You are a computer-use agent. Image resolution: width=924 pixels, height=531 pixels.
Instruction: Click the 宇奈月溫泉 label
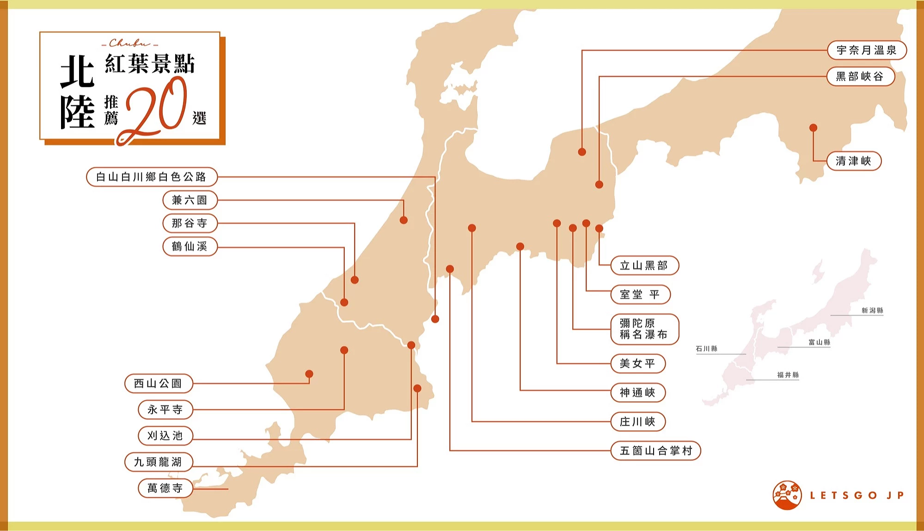click(867, 50)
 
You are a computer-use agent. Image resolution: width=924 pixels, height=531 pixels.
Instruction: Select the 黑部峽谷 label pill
click(860, 76)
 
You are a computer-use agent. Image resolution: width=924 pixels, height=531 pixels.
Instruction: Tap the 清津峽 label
click(854, 161)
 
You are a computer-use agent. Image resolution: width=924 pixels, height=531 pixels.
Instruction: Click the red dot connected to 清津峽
click(813, 128)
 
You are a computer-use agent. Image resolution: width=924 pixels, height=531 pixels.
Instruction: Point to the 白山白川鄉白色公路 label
click(152, 177)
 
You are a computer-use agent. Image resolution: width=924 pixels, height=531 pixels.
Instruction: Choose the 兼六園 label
click(190, 200)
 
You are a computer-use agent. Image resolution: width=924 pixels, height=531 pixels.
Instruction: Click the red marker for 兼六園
click(404, 220)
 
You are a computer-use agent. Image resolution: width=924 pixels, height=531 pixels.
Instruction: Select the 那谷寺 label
click(190, 223)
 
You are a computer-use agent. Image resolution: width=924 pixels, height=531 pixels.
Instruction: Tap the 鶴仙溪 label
click(190, 246)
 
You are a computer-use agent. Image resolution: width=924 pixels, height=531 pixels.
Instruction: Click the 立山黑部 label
click(644, 265)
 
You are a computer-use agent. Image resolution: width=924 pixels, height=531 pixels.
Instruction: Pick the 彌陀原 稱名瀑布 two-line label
click(644, 329)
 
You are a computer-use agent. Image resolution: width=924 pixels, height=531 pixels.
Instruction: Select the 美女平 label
click(638, 364)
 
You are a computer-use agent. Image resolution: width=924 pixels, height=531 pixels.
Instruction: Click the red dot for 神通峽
click(520, 246)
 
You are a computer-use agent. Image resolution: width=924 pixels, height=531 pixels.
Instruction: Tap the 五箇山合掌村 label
click(655, 451)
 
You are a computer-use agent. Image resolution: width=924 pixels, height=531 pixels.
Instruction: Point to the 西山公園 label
click(159, 383)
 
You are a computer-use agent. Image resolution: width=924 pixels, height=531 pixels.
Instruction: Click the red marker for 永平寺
click(344, 350)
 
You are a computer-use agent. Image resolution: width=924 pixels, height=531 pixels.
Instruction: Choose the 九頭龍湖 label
click(159, 462)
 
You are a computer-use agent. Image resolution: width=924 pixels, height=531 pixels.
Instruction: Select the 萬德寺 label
click(165, 488)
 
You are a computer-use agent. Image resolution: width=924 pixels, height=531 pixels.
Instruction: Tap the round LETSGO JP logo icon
click(787, 495)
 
